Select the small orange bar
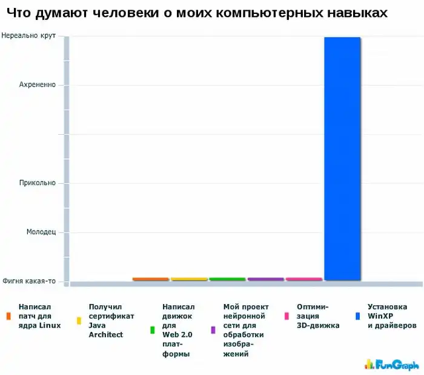pos(150,279)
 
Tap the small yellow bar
pos(189,279)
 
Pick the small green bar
pos(227,279)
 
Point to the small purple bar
pos(265,279)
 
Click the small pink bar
pos(303,279)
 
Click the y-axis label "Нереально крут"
pos(28,36)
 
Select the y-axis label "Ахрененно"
pos(37,85)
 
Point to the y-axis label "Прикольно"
pos(38,183)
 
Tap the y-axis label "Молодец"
pos(41,232)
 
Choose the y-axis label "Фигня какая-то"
pos(29,281)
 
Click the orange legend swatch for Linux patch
pos(8,316)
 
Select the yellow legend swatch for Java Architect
pos(79,320)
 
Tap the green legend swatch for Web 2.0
pos(153,330)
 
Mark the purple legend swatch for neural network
pos(213,330)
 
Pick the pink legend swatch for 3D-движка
pos(287,316)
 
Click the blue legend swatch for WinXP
pos(359,316)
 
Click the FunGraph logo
pos(391,364)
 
